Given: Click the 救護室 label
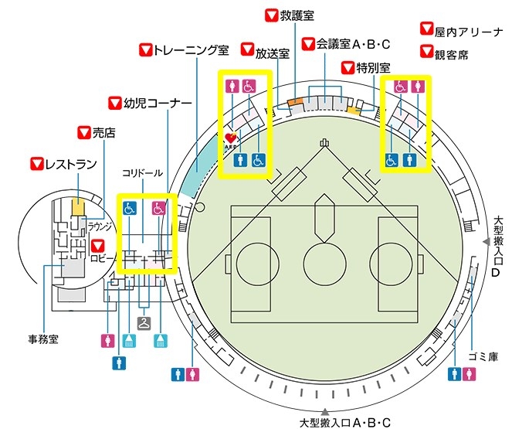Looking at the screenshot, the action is point(297,15).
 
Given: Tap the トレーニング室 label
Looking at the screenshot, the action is point(191,50).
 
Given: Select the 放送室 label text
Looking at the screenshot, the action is point(273,53).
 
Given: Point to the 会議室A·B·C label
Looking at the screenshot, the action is point(354,44).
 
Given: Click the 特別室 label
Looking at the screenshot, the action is point(373,68).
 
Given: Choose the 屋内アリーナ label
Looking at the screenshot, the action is point(469,32).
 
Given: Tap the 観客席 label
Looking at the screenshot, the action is point(452,55).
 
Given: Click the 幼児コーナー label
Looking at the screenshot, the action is point(157,104).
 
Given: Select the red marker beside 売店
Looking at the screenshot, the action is point(84,132).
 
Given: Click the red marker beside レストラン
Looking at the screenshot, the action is point(37,164).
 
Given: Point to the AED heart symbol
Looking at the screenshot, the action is point(231,138).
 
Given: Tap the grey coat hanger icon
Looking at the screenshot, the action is point(144,323).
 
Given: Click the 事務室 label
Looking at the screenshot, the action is point(43,339).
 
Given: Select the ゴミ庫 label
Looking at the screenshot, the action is point(483,356).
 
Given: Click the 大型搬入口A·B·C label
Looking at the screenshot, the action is point(345,422).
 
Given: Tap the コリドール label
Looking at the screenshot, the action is point(142,173).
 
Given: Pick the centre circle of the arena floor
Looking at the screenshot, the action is point(324,264).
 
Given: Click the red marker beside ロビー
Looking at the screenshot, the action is point(97,246).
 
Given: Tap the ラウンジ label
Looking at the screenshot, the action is point(100,226).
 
